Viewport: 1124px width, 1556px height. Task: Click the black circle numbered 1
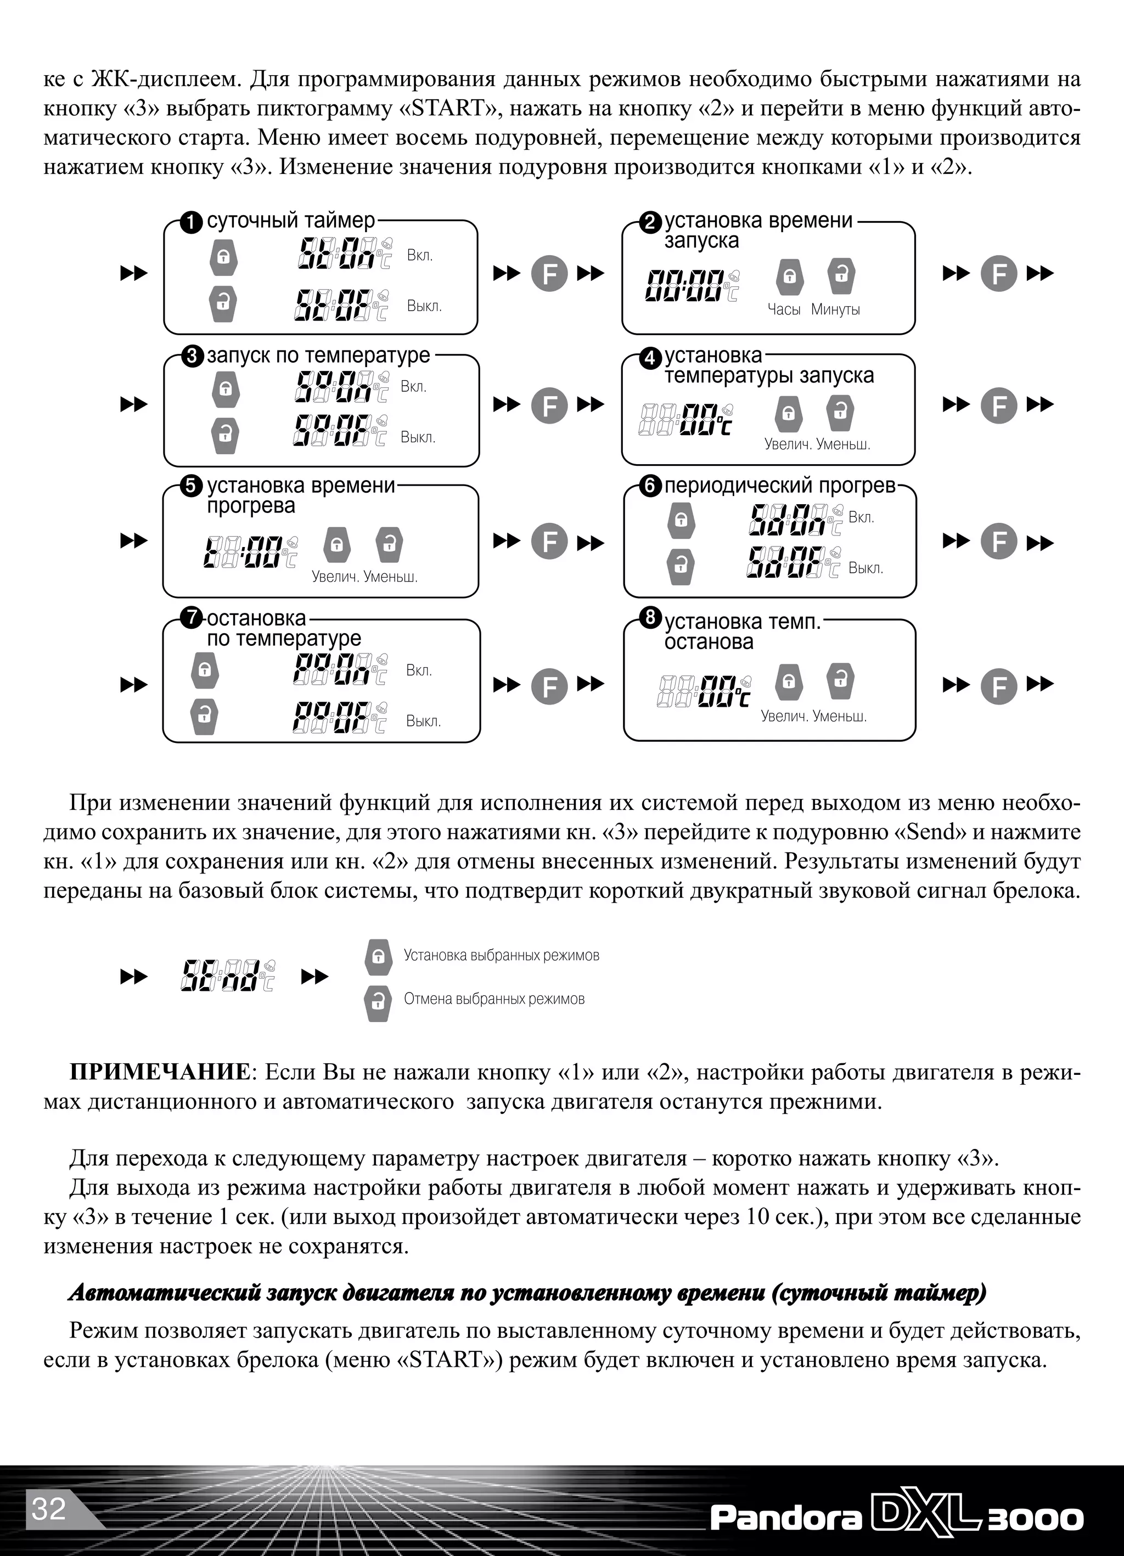(x=192, y=222)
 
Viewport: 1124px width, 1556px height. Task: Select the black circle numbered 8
(x=650, y=617)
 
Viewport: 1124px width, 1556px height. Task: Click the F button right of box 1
(x=549, y=274)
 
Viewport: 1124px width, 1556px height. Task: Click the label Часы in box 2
(x=784, y=309)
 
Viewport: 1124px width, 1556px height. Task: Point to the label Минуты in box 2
(x=835, y=309)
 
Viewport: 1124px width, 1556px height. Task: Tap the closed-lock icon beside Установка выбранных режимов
(x=378, y=956)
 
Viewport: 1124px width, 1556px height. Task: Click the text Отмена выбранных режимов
(x=494, y=999)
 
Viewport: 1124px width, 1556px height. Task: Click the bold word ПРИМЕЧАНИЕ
(x=159, y=1072)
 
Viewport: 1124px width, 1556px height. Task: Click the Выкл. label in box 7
(x=423, y=721)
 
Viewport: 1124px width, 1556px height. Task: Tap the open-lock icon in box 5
(x=389, y=545)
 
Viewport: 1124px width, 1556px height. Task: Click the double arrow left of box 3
(x=134, y=405)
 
